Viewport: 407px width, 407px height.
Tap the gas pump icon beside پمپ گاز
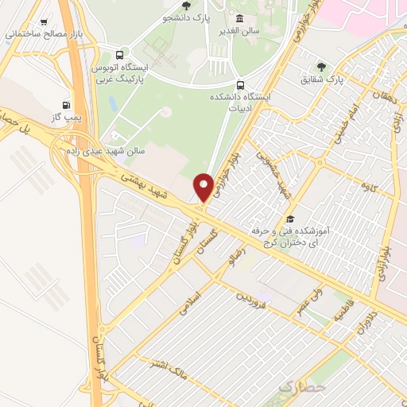click(66, 104)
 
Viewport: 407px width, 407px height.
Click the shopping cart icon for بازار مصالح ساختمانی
click(42, 22)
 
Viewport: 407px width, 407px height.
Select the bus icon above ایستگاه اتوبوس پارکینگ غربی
click(119, 55)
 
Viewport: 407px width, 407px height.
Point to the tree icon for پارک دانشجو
click(186, 5)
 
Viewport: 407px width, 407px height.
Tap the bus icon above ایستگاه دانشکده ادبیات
click(240, 84)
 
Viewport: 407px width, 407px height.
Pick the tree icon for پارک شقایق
click(321, 67)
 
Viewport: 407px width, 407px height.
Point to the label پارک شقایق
click(347, 79)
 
